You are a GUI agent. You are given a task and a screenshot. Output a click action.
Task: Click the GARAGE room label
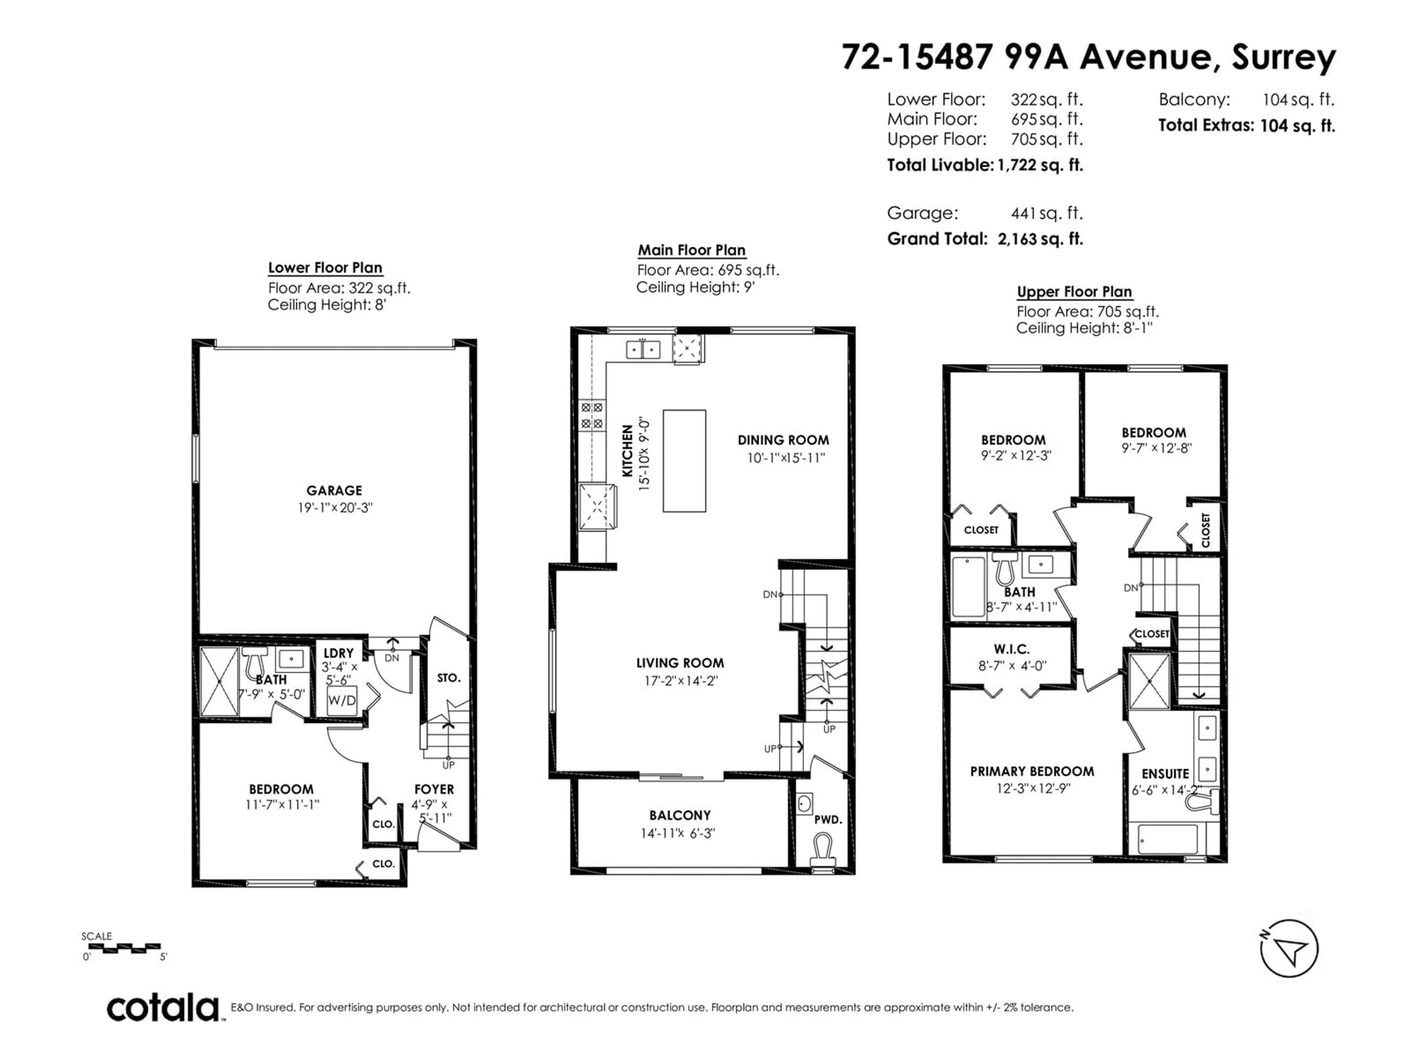click(334, 490)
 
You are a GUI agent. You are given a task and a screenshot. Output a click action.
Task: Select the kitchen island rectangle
click(684, 460)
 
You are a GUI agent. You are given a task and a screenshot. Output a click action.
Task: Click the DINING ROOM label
click(784, 440)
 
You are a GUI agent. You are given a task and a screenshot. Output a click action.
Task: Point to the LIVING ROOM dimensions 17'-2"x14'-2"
click(681, 680)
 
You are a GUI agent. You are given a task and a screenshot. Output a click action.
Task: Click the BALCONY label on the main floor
click(680, 815)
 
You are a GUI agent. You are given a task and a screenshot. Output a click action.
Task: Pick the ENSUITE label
click(1165, 774)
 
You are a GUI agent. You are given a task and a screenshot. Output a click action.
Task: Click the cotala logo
click(163, 1008)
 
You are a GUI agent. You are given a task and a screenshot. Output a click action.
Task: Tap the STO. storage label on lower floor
click(449, 678)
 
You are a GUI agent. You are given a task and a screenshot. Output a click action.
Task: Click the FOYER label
click(434, 789)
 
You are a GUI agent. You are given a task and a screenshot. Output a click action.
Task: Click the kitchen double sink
click(643, 349)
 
